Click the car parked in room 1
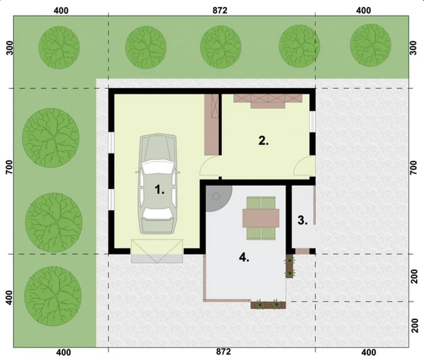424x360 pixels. (158, 184)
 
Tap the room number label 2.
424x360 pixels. (264, 141)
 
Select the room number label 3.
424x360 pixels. (302, 220)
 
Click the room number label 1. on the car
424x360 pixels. (160, 189)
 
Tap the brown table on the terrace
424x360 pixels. (261, 218)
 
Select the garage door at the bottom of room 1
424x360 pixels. (157, 251)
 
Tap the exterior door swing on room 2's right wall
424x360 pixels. (304, 166)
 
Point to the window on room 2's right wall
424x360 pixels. (312, 122)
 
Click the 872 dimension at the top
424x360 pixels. (220, 10)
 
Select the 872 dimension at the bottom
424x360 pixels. (223, 352)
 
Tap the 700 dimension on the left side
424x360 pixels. (10, 167)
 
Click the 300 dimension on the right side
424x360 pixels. (414, 48)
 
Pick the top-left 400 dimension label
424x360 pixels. (61, 11)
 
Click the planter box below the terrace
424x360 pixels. (268, 305)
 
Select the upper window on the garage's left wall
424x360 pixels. (111, 143)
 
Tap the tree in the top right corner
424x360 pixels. (370, 45)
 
